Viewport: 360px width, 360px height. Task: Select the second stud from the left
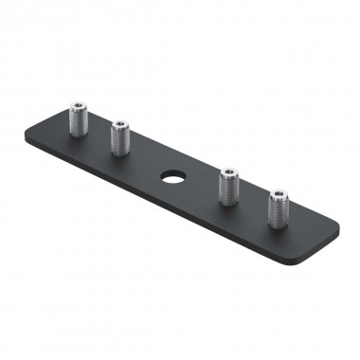point(120,136)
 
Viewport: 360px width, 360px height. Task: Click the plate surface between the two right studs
point(253,205)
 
